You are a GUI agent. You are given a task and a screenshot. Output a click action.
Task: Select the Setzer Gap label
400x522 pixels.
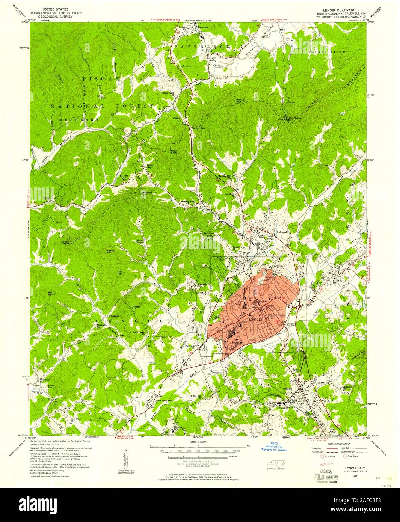pyautogui.click(x=150, y=166)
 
